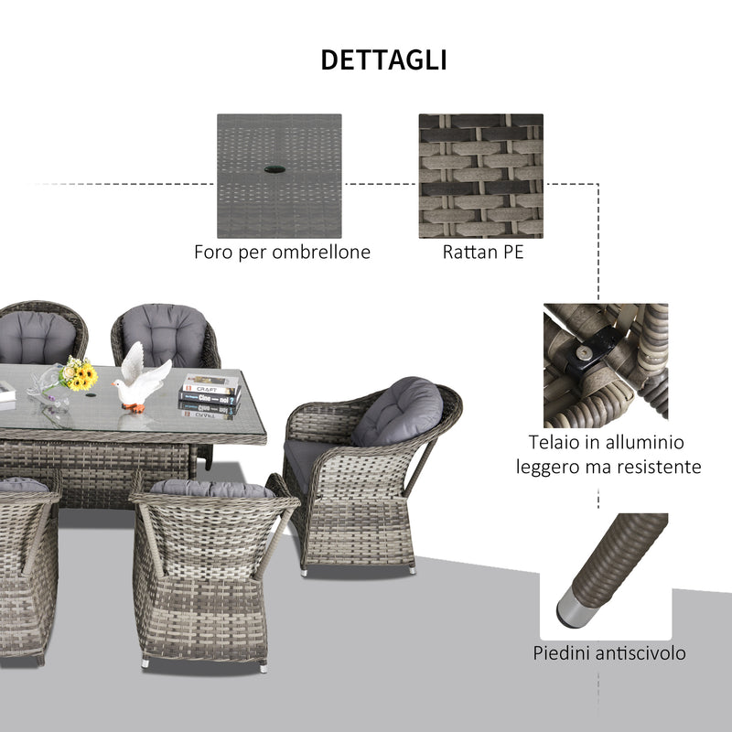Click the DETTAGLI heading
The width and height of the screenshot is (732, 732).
click(x=383, y=60)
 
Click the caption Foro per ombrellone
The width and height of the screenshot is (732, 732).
click(x=282, y=253)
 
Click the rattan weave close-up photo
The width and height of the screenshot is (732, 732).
click(x=480, y=175)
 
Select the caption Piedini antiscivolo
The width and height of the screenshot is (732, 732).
click(x=608, y=653)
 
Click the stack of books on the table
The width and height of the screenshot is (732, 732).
click(x=209, y=396)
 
